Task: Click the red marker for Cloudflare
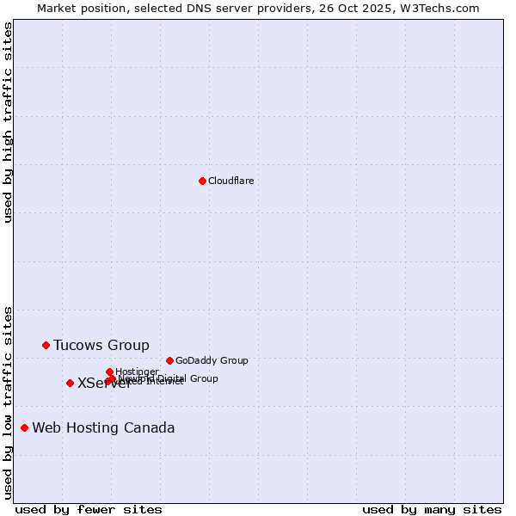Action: tap(202, 181)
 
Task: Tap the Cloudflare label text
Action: tap(230, 181)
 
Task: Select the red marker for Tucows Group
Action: tap(46, 345)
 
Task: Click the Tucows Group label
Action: tap(101, 345)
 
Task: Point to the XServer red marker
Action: tap(70, 383)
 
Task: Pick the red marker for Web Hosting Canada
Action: tap(24, 427)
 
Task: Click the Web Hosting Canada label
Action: tap(103, 427)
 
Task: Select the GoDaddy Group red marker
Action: tap(169, 360)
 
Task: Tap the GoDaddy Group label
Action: tap(212, 360)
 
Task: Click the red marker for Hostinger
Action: tap(109, 372)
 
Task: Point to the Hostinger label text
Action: tap(137, 372)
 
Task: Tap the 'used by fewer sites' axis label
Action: tap(89, 509)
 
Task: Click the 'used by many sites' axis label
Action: tap(432, 509)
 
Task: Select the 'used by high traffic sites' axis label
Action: tap(8, 122)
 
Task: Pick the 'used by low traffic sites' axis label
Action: tap(8, 402)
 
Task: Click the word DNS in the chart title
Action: tap(193, 8)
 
